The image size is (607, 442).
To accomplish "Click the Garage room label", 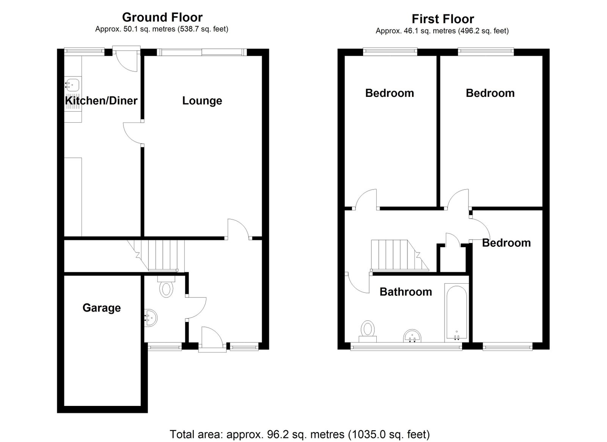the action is [102, 308].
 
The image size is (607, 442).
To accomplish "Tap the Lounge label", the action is [202, 101].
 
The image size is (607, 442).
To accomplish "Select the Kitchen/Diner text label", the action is [101, 101].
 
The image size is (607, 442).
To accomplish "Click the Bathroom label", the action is [406, 292].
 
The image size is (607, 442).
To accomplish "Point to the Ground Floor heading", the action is [162, 17].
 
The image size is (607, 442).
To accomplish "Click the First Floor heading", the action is [443, 19].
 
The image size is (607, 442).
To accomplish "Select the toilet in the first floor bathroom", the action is [368, 331].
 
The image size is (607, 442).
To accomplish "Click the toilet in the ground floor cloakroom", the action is [166, 287].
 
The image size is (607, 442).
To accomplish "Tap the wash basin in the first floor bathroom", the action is [412, 336].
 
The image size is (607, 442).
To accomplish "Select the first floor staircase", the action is [400, 255].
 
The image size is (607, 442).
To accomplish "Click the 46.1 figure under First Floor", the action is [410, 31].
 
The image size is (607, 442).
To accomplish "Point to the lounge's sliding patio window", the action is [201, 52].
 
